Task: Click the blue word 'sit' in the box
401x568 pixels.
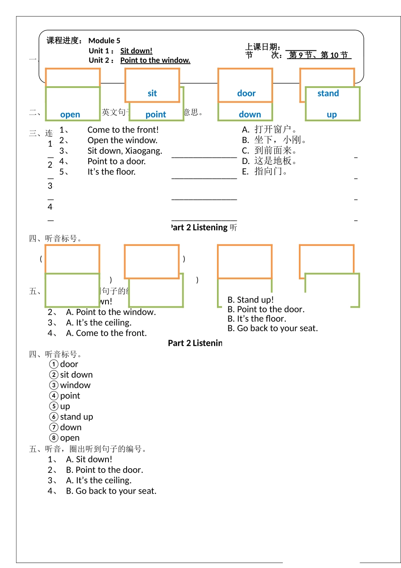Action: (152, 93)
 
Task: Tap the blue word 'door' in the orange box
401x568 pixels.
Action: (246, 93)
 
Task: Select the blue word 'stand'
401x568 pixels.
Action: (328, 93)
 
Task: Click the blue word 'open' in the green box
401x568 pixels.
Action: (70, 115)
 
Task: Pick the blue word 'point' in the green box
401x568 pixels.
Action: (156, 115)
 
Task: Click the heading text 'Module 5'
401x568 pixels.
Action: (104, 41)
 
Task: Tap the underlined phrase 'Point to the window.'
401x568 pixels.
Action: (155, 60)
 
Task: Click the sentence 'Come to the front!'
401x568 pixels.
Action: (123, 130)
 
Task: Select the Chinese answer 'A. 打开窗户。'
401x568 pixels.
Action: (270, 129)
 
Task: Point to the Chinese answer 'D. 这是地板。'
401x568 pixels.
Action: (270, 161)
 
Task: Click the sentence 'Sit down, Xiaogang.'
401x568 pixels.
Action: (125, 151)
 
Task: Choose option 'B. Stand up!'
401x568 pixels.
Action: (251, 300)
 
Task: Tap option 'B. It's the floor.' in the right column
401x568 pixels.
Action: (257, 319)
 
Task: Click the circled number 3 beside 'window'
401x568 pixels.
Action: (54, 385)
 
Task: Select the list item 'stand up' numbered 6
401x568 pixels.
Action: (76, 417)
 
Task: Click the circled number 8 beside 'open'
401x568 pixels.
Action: (54, 438)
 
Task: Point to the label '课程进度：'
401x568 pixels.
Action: (65, 41)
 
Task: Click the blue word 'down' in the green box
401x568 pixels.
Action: (250, 115)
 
